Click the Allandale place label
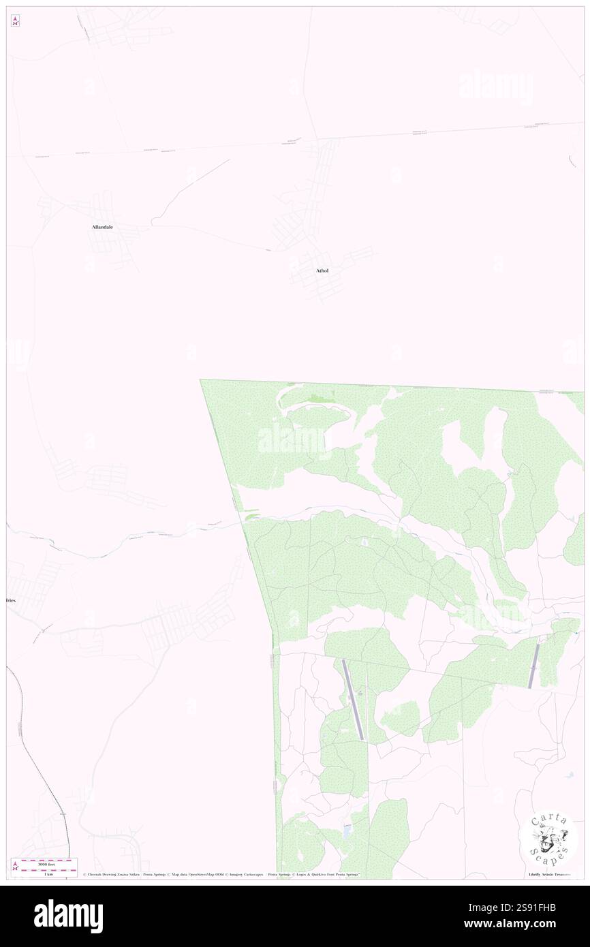[x=102, y=226]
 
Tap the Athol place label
[x=322, y=270]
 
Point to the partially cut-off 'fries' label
[x=10, y=600]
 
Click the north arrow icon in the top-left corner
[x=15, y=21]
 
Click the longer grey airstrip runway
[x=353, y=700]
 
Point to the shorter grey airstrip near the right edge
[x=533, y=666]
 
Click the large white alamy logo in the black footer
[x=68, y=916]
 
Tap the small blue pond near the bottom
[x=348, y=831]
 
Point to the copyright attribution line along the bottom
[x=221, y=874]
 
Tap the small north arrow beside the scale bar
[x=15, y=866]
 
